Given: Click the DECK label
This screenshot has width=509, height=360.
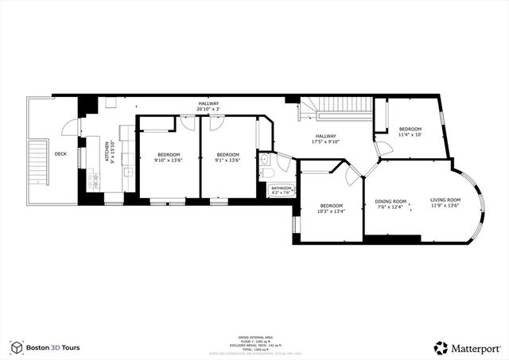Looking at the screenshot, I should pyautogui.click(x=60, y=154).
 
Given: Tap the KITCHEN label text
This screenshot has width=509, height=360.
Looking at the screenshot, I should pyautogui.click(x=107, y=152).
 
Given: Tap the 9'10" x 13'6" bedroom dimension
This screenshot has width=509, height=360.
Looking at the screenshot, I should pyautogui.click(x=168, y=161).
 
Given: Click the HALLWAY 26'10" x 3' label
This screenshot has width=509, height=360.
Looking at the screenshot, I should pyautogui.click(x=209, y=107).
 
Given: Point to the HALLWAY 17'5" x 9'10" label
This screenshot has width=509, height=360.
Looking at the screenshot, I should pyautogui.click(x=329, y=139).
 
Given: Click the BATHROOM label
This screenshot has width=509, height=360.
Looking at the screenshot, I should pyautogui.click(x=282, y=188).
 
